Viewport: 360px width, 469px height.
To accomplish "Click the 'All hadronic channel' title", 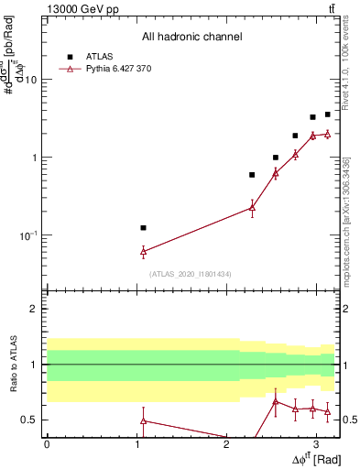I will coord(191,37).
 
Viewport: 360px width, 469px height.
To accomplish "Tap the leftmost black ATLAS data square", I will coord(143,227).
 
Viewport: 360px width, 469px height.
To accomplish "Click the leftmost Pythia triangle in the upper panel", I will coord(143,250).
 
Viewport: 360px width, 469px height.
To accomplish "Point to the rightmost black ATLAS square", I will coord(327,115).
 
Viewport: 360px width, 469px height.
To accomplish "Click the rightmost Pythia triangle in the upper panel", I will coord(327,134).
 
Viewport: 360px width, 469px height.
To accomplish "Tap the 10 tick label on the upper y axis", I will coord(30,80).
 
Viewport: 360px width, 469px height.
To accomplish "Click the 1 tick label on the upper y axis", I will coord(34,158).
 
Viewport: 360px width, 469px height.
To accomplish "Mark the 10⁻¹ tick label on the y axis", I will coord(28,235).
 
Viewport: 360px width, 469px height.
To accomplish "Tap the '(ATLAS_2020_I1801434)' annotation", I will coord(191,274).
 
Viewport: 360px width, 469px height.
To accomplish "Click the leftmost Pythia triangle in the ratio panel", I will coord(143,420).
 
